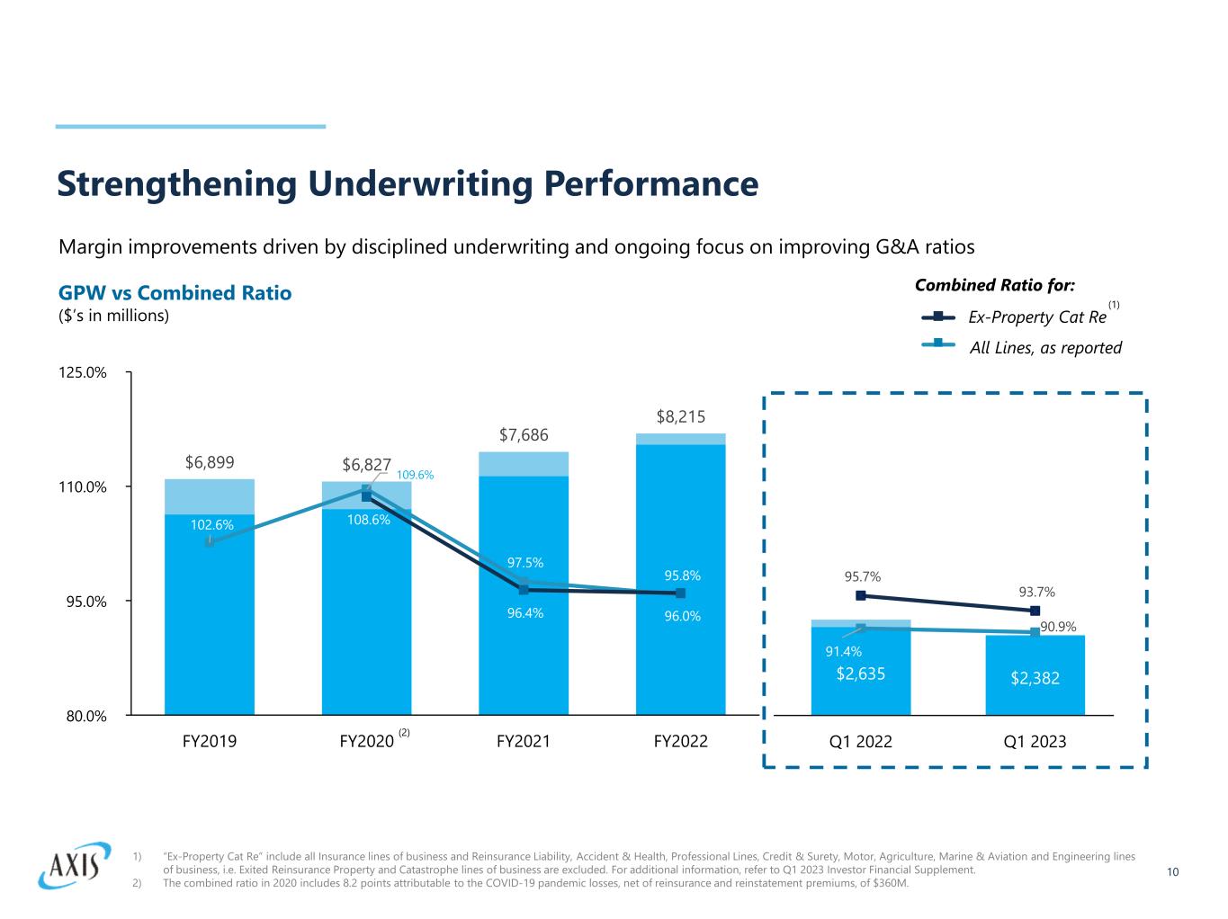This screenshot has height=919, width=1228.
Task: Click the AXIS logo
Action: click(74, 865)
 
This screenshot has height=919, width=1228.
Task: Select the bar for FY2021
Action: click(524, 629)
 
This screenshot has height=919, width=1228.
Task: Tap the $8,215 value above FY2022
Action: click(680, 416)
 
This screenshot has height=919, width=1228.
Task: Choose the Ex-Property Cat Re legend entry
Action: click(1036, 317)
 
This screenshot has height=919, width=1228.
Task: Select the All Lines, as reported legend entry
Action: click(1044, 348)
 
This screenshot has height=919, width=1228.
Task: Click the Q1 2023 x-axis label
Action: click(1035, 742)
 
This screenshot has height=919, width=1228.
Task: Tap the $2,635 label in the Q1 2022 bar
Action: click(861, 673)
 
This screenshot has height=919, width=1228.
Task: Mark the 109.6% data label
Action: click(415, 474)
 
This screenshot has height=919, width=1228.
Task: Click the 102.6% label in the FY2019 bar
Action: click(211, 525)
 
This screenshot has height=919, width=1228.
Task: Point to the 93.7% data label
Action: click(1036, 592)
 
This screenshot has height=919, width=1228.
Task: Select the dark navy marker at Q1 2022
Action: click(861, 595)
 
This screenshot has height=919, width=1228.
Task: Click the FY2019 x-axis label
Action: click(210, 742)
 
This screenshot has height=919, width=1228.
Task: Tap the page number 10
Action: click(1172, 871)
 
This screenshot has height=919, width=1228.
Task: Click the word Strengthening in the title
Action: click(176, 184)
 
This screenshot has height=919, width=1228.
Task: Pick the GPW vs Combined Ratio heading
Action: click(175, 293)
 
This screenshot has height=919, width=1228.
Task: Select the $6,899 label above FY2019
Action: click(210, 462)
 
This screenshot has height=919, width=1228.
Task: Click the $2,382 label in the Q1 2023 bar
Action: click(1035, 679)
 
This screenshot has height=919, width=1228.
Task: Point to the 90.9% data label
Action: click(1058, 626)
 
